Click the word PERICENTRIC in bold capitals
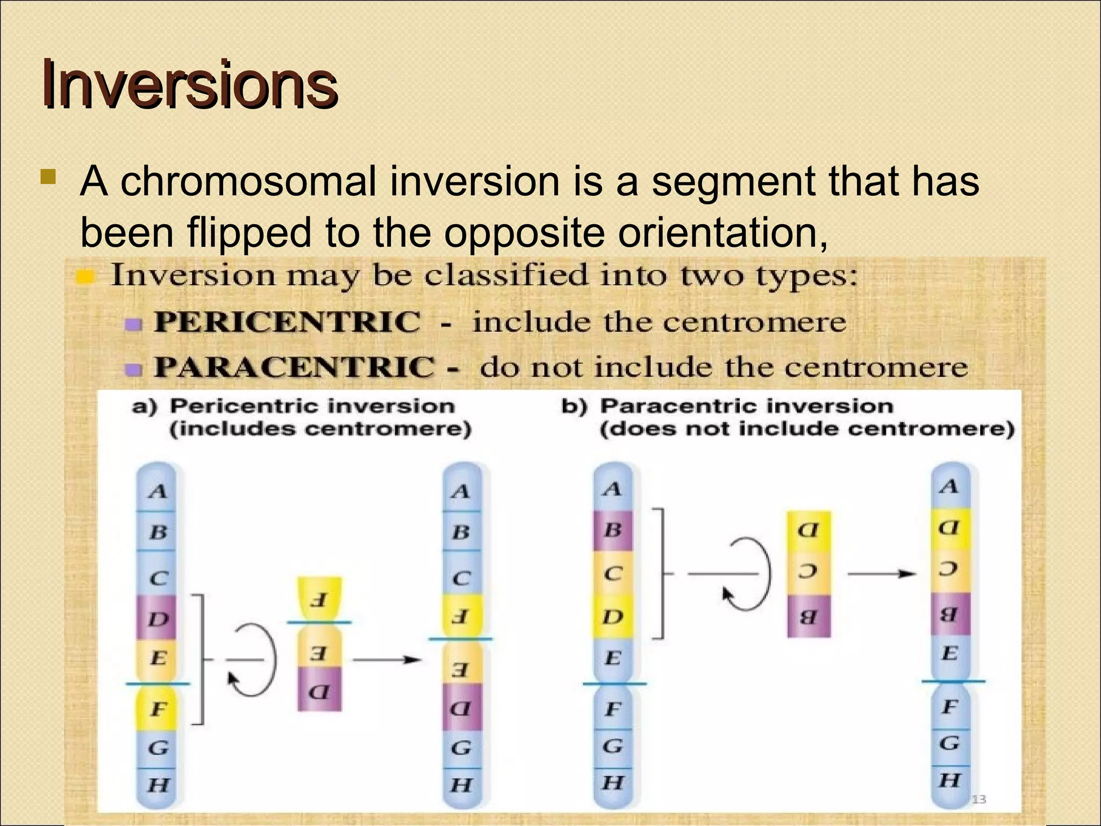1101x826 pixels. [287, 322]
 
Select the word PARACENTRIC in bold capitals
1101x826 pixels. [294, 367]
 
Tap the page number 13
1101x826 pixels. [978, 799]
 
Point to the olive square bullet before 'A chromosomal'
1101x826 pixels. [48, 177]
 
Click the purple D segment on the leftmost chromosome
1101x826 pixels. [156, 617]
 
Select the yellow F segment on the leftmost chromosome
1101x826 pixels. [156, 709]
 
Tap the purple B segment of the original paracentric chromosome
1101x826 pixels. [613, 530]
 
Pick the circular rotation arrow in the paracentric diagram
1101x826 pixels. [747, 574]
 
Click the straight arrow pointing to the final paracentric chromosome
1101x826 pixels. [882, 574]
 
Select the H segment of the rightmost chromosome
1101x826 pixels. [950, 780]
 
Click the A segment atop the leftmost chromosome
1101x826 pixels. [156, 490]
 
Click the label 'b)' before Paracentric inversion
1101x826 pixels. [574, 406]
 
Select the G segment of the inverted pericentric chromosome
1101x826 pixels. [461, 747]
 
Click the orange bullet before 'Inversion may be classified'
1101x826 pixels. [85, 277]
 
